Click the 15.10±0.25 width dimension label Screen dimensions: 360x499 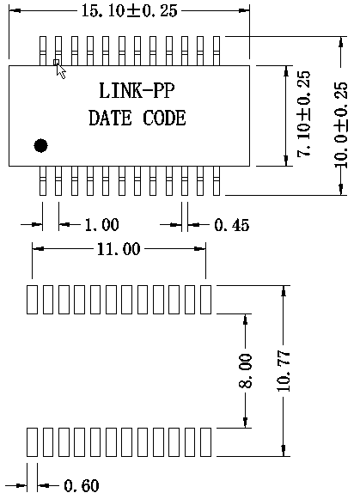click(130, 11)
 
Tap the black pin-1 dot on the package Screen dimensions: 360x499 click(40, 145)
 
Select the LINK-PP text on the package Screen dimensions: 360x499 click(137, 91)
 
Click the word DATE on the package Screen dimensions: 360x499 click(110, 118)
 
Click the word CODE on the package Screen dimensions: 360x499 click(164, 118)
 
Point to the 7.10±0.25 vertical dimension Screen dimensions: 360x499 click(303, 113)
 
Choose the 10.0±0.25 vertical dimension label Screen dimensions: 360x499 click(341, 125)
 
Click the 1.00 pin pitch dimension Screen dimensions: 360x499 click(102, 225)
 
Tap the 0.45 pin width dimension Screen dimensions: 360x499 click(231, 225)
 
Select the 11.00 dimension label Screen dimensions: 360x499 click(119, 248)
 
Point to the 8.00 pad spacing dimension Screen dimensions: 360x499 click(245, 371)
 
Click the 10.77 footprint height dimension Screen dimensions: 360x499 click(284, 371)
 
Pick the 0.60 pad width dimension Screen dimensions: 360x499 click(82, 485)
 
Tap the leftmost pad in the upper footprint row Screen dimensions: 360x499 click(32, 300)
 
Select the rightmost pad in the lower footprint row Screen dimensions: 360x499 click(205, 441)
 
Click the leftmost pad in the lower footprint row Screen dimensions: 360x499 click(32, 441)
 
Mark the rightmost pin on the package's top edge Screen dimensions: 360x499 click(217, 51)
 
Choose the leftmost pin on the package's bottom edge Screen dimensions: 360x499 click(43, 180)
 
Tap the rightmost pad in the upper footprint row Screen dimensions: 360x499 click(205, 300)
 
